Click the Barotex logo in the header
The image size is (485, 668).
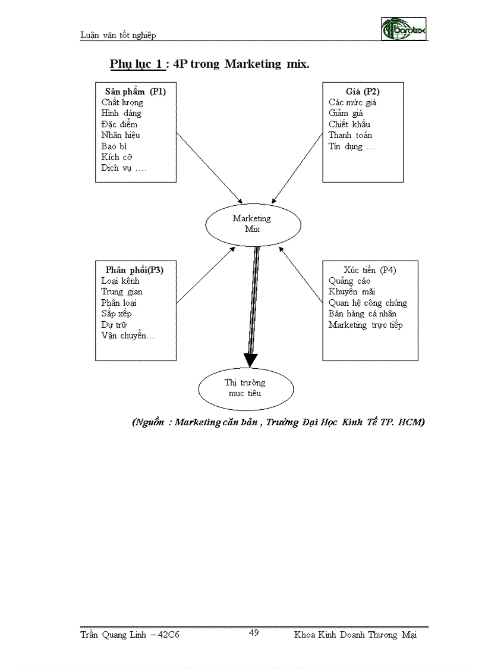coord(404,28)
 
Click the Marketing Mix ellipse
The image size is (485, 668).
coord(246,224)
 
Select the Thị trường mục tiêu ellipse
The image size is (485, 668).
coord(245,388)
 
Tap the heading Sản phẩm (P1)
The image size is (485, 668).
coord(136,92)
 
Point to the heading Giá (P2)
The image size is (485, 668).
coord(363,92)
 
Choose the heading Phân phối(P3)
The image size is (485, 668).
coord(134,269)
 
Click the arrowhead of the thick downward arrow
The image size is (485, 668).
coord(251,359)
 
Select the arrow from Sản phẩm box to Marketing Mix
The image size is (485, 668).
coord(209,167)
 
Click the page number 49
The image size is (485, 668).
coord(254,632)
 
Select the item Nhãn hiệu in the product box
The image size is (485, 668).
coord(121,135)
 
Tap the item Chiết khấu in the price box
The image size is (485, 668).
coord(349,124)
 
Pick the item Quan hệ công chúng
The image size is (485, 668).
coord(367,303)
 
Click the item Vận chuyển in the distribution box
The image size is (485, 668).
coord(128,336)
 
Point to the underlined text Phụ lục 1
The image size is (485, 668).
coord(137,64)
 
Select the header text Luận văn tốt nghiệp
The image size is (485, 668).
coord(118,35)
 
